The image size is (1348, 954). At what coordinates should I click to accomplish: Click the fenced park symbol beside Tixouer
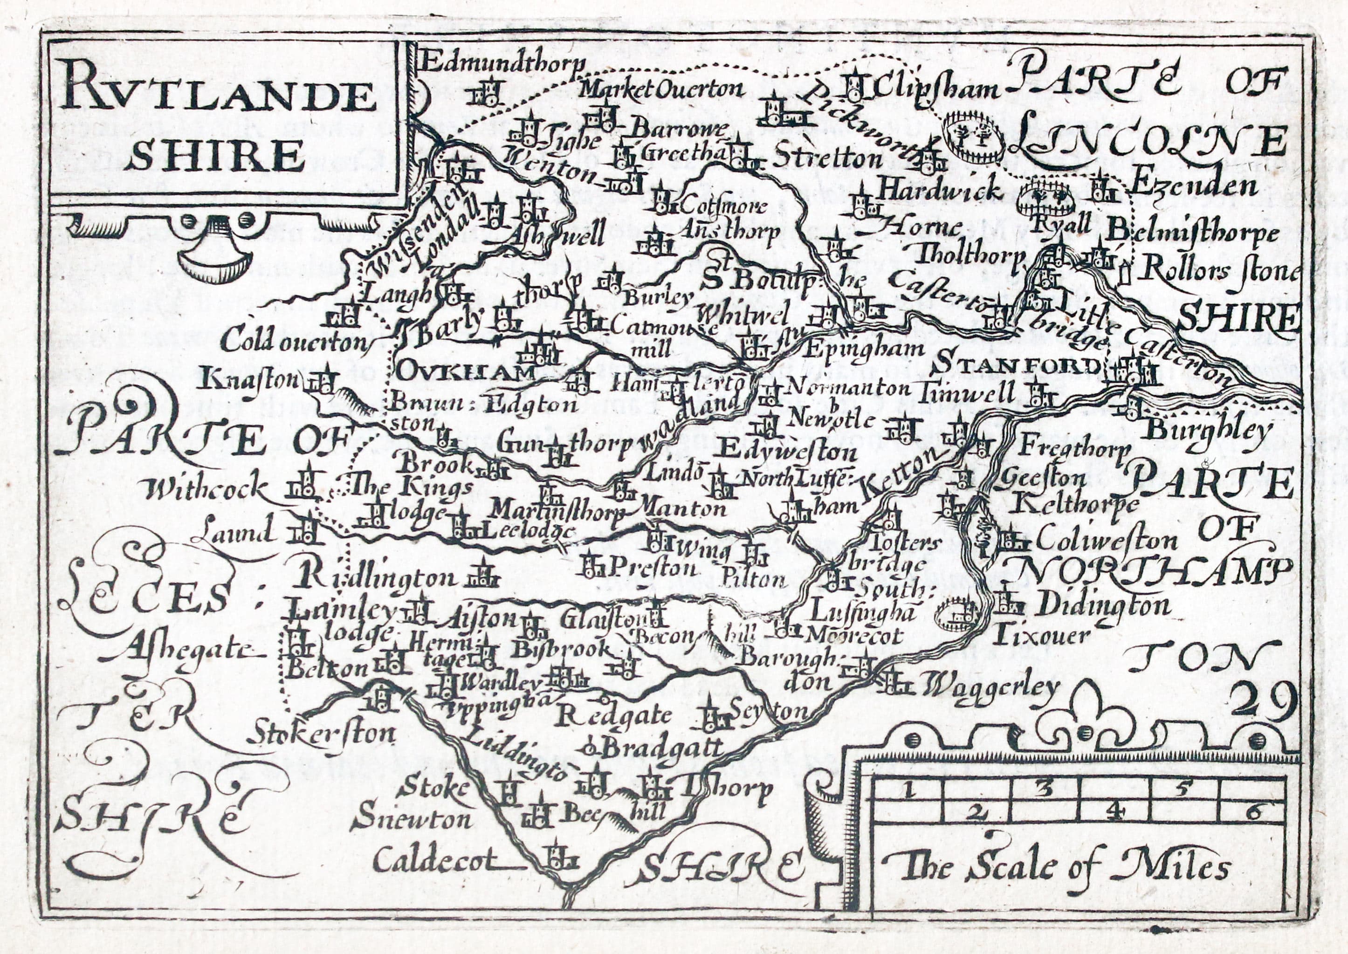click(x=957, y=615)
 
